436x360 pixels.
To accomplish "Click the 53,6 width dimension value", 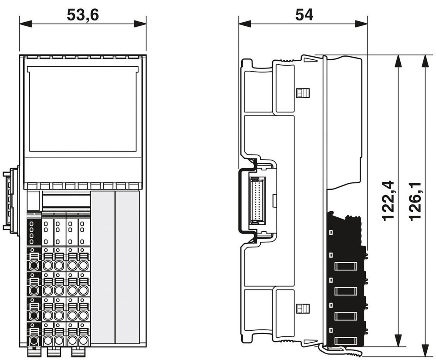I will pos(83,15).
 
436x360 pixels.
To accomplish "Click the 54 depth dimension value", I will pos(304,15).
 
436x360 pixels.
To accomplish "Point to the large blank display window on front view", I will pos(83,109).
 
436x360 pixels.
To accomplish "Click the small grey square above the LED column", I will pos(33,201).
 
